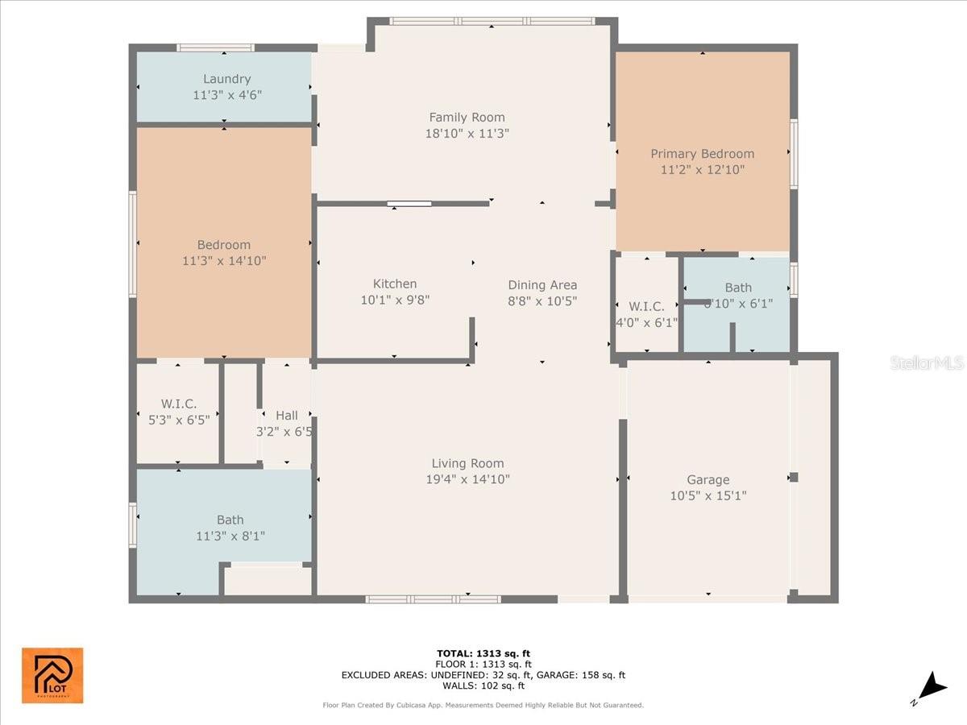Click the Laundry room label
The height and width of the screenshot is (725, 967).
click(x=226, y=79)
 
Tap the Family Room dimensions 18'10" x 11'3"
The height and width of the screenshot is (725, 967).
click(x=467, y=133)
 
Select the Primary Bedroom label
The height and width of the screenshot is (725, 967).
click(x=702, y=154)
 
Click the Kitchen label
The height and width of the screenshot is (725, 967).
click(x=395, y=284)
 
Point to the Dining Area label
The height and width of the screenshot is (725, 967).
click(x=542, y=284)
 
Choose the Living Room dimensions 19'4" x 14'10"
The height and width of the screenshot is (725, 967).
click(x=467, y=479)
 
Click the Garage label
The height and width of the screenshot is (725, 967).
click(x=708, y=480)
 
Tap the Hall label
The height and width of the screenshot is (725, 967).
click(x=286, y=416)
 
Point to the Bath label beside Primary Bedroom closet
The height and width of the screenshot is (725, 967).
click(x=737, y=288)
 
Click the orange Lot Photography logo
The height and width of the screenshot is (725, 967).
click(x=52, y=675)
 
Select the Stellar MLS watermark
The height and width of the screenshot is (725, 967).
click(x=926, y=363)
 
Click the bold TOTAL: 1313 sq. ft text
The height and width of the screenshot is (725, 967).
click(x=483, y=653)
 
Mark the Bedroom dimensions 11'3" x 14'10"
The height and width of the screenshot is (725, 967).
click(x=224, y=260)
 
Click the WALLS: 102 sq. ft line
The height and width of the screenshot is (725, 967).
click(x=483, y=686)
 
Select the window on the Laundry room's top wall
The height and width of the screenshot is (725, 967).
click(x=216, y=48)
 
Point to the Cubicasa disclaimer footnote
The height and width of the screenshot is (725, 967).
click(x=483, y=705)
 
